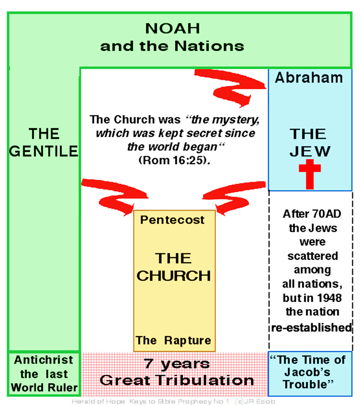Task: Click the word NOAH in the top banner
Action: (x=173, y=28)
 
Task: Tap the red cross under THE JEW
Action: (x=310, y=174)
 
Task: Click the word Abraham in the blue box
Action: (x=309, y=77)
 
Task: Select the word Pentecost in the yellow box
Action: (x=172, y=220)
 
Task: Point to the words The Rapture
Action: (x=174, y=340)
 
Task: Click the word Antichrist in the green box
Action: (x=43, y=360)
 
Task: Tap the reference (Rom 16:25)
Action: (x=175, y=160)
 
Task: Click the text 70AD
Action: (x=326, y=214)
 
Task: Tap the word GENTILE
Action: (x=43, y=151)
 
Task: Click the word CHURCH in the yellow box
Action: (x=174, y=275)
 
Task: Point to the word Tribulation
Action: (x=205, y=380)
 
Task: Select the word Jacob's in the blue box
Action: (x=307, y=372)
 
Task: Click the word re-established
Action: (x=311, y=328)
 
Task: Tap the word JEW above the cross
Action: (x=310, y=151)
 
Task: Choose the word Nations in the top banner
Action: (x=209, y=46)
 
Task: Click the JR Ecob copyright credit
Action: (x=255, y=401)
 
